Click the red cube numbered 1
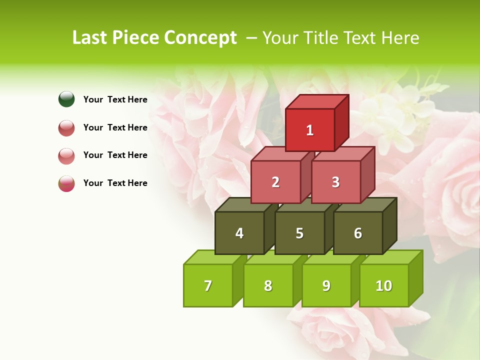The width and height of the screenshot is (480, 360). pos(310,130)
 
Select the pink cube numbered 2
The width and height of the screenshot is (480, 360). pos(275,182)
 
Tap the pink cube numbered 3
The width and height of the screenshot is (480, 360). pos(335,182)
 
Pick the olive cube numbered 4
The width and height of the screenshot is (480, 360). pos(239,233)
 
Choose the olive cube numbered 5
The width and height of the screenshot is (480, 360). pos(299,233)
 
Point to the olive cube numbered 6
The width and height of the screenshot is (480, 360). pos(358,233)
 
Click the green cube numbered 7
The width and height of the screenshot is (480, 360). pos(208,285)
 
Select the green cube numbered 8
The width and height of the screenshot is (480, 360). pos(268,285)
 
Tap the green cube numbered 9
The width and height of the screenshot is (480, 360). pos(326,285)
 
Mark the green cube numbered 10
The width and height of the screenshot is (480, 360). pos(384,285)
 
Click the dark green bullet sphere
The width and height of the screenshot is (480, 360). pos(66,99)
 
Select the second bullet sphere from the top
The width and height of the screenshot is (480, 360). pos(66,127)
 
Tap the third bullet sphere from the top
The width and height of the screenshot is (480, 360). pos(66,155)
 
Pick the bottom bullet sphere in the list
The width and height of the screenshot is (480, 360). pos(66,183)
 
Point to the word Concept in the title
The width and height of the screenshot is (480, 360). pos(200,38)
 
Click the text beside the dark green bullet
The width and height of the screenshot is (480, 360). pos(115,99)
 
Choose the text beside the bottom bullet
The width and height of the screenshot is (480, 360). pos(115,183)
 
